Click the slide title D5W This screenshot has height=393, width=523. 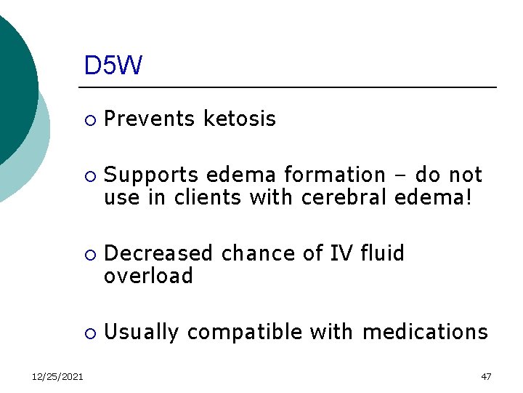113,66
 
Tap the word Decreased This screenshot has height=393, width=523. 159,253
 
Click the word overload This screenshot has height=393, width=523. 149,276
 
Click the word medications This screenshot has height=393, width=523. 425,333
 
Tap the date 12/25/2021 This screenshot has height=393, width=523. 57,376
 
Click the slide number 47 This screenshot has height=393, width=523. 486,376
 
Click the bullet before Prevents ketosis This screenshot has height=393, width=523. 89,119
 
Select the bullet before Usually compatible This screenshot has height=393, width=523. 89,333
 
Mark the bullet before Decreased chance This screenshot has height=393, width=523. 89,255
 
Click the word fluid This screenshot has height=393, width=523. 379,253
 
